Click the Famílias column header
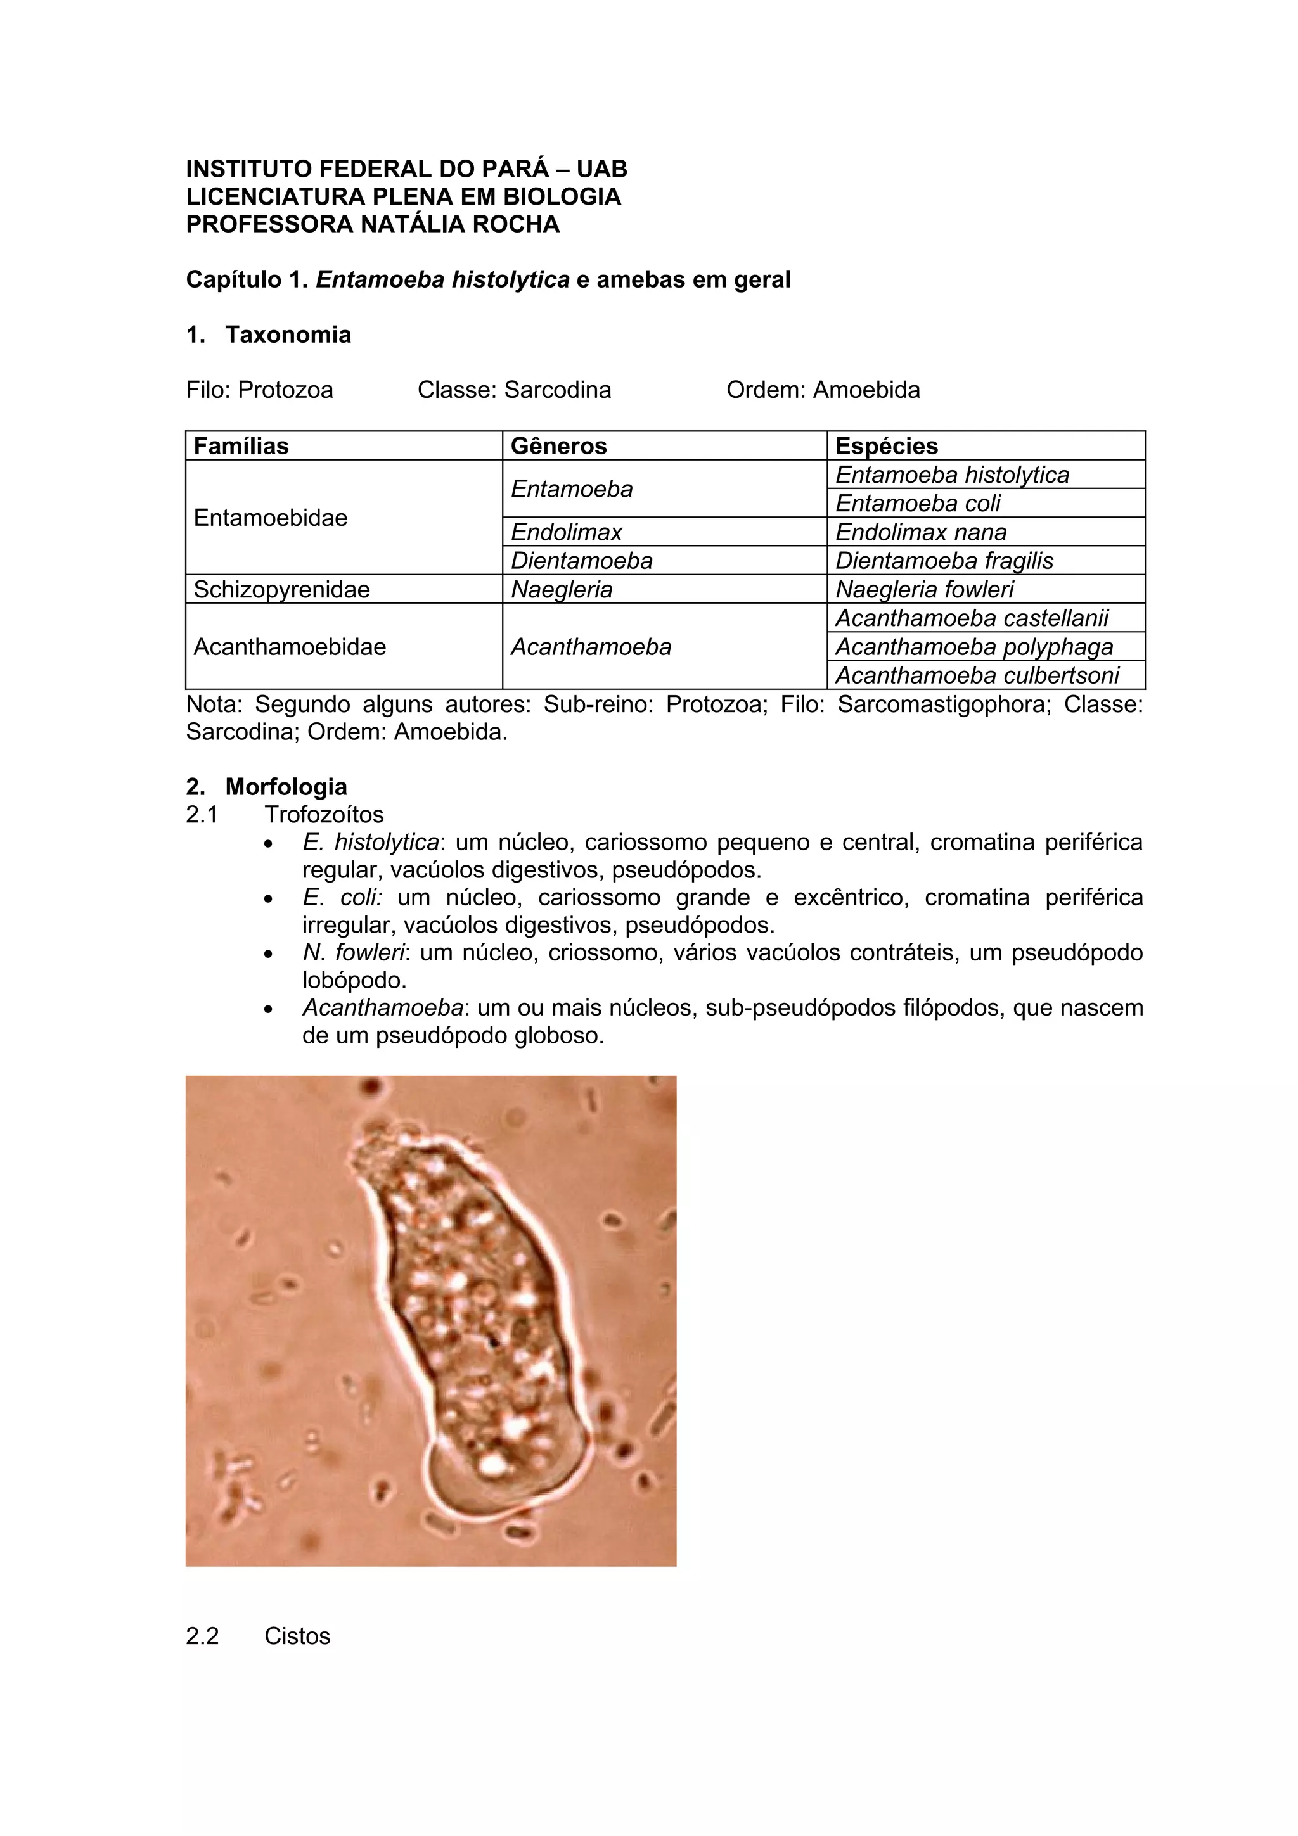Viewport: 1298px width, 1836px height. pos(241,446)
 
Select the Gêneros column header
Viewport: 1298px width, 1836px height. pos(558,446)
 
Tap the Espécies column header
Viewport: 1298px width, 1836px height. pos(886,446)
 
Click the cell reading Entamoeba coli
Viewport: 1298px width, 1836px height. pos(918,503)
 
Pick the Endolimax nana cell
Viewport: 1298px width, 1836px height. pos(920,532)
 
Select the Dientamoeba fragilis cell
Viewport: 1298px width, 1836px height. pos(944,561)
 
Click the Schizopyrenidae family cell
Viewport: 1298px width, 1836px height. pos(281,589)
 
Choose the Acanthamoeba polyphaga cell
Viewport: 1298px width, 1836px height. pos(973,647)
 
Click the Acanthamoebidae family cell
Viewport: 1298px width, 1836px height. pos(290,647)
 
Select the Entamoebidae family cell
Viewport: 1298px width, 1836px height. pos(271,518)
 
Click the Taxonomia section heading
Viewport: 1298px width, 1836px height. pos(288,335)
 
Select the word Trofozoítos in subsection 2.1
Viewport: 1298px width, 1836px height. pos(324,814)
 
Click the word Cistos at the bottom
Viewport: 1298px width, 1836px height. pos(297,1635)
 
